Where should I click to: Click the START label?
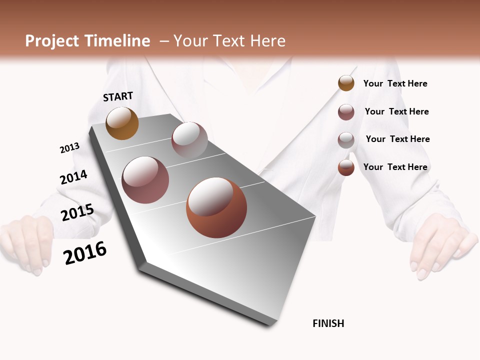118,96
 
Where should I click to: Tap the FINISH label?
328,323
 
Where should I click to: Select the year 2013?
69,148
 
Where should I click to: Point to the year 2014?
73,177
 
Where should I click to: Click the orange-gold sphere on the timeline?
122,123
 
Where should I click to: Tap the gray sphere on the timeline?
189,140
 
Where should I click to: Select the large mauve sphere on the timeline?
145,180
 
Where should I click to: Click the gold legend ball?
346,83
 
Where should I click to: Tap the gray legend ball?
346,140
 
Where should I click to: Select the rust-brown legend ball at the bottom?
346,167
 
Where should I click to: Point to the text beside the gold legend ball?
395,84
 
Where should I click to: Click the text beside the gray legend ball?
397,139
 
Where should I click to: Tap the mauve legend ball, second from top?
346,112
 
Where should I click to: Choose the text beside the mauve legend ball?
396,111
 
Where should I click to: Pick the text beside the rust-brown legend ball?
395,167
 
